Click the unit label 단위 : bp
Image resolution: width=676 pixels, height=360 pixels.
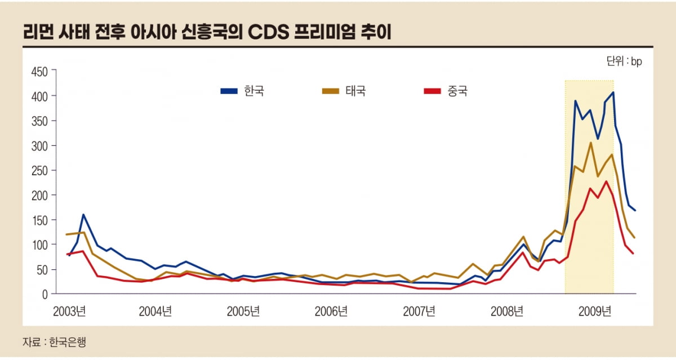pyautogui.click(x=624, y=61)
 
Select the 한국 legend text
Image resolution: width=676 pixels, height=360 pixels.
pyautogui.click(x=254, y=91)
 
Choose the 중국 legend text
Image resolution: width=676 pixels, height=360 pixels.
pyautogui.click(x=457, y=91)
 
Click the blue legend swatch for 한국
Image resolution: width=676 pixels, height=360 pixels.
pyautogui.click(x=229, y=91)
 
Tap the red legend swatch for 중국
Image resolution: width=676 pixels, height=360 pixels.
pyautogui.click(x=432, y=91)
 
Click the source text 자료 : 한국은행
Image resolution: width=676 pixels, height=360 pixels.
pyautogui.click(x=54, y=341)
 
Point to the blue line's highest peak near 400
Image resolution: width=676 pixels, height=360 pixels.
pyautogui.click(x=613, y=92)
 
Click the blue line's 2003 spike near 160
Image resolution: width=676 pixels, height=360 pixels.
pyautogui.click(x=83, y=215)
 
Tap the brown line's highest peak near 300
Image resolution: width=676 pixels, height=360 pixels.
pyautogui.click(x=590, y=143)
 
